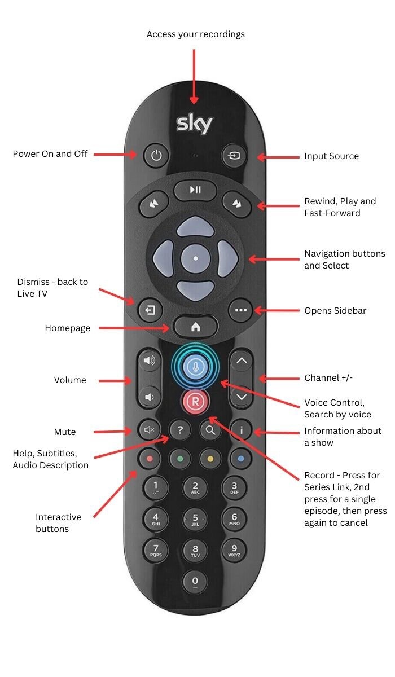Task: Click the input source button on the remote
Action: (234, 155)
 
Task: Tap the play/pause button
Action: (195, 190)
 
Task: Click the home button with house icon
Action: (195, 327)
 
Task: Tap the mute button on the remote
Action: (149, 430)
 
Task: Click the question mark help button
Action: (180, 430)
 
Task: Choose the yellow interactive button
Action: (210, 459)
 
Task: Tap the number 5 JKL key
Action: (195, 519)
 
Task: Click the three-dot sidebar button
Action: (241, 310)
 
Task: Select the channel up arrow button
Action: (242, 362)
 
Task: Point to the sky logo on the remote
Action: (195, 124)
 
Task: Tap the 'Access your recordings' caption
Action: (196, 34)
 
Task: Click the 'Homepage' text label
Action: (68, 328)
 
